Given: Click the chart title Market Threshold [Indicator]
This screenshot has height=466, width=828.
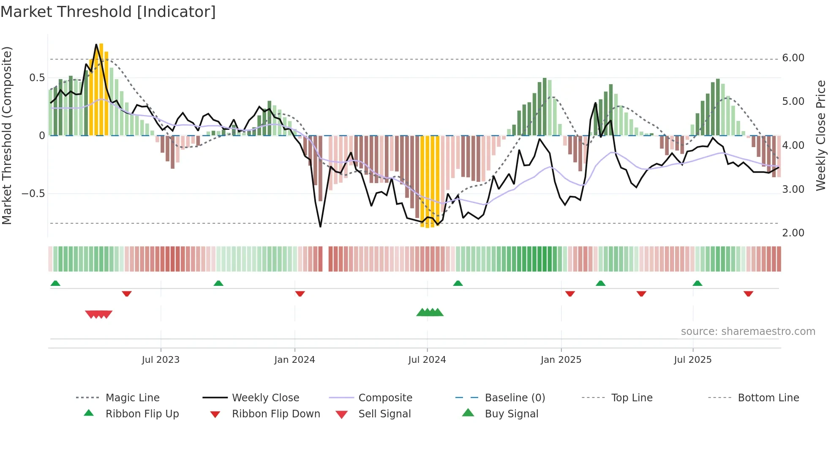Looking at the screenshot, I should pos(108,12).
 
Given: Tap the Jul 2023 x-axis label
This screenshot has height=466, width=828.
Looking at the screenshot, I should pos(161,360).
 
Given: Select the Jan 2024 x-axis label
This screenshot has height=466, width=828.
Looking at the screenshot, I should pos(294,360).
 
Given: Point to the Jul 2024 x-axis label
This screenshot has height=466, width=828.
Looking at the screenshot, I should pos(427,360).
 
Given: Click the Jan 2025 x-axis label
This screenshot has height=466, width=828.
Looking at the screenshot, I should pos(561,360).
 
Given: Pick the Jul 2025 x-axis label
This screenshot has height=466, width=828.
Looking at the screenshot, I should pos(693,360).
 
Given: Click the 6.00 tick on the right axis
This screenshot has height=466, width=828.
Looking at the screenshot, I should pos(793,58).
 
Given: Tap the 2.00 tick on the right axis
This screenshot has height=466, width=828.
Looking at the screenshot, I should pos(793,233).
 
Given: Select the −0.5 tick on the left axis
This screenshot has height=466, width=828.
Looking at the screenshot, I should pos(33,194).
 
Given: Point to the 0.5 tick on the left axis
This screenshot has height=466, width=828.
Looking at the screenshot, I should pos(37,78).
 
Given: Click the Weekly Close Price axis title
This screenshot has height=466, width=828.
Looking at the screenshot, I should pos(820,135).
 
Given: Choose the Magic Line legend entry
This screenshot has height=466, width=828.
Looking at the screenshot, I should pos(132,398).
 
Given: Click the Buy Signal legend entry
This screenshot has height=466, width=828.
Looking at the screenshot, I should pos(511,414).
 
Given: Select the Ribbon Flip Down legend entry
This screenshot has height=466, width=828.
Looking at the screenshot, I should pos(276,414).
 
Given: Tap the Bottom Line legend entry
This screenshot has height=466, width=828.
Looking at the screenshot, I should pos(768,398).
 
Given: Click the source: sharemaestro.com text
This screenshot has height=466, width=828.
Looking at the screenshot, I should pos(748,332).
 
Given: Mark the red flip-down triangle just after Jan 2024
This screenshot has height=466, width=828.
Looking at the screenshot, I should pos(300,293).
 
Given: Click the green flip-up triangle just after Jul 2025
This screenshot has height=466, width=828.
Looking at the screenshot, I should pos(697,283).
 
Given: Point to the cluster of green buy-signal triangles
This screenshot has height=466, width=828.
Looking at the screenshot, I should pos(430,312).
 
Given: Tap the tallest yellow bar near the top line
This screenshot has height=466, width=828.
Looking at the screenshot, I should pos(101,89).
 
